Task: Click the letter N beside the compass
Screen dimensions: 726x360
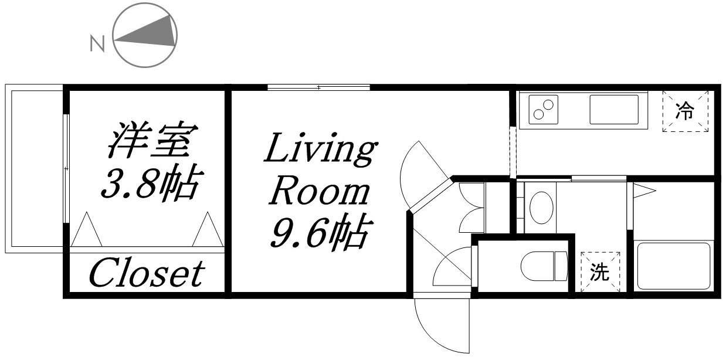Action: [x=97, y=45]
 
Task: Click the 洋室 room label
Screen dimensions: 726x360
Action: [x=152, y=140]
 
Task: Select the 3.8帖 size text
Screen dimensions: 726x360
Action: [x=151, y=183]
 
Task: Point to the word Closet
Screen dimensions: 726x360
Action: [x=147, y=274]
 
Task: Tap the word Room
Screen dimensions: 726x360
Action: [x=320, y=191]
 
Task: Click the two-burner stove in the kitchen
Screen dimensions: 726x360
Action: [x=543, y=110]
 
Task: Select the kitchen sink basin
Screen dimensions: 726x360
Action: [x=614, y=110]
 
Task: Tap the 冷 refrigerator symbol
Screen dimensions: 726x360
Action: [x=685, y=111]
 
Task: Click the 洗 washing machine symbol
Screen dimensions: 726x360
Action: [x=600, y=272]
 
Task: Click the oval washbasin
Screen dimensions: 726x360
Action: [x=541, y=208]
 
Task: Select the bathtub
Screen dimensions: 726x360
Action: [x=674, y=266]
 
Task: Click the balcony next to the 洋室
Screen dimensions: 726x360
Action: [x=34, y=168]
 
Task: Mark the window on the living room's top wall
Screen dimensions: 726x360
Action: [x=318, y=87]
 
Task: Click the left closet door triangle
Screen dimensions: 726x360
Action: [x=87, y=229]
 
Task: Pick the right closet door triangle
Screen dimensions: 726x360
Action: [x=208, y=229]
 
